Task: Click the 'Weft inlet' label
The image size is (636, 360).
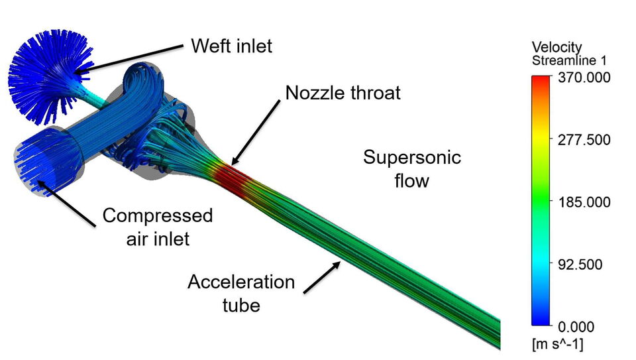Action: click(x=231, y=46)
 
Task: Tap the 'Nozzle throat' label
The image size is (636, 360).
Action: click(x=343, y=92)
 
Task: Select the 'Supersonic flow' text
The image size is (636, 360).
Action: click(x=411, y=168)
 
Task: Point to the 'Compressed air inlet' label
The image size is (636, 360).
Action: click(x=158, y=226)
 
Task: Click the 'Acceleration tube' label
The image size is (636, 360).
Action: click(x=241, y=293)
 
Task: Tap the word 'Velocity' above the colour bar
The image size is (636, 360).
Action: click(x=556, y=47)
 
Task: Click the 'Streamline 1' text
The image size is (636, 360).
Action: click(x=569, y=60)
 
